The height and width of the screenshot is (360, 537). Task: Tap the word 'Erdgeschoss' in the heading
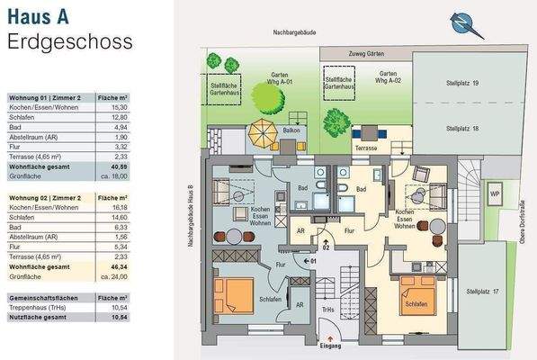tap(69, 41)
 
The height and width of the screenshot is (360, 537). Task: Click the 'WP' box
tap(494, 193)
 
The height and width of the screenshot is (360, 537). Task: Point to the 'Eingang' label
tap(331, 344)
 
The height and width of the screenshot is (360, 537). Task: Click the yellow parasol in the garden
tap(262, 131)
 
